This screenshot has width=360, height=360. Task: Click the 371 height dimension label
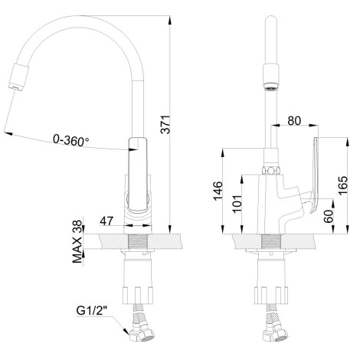click(166, 124)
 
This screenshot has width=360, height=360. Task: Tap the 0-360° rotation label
click(71, 140)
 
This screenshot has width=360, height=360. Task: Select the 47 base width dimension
click(106, 221)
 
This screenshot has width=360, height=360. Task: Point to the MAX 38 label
click(77, 241)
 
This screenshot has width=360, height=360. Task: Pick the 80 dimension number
click(294, 121)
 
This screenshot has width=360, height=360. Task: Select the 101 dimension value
click(237, 204)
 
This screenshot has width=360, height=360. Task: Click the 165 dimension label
click(343, 185)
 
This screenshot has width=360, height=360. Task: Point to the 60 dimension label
click(329, 216)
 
